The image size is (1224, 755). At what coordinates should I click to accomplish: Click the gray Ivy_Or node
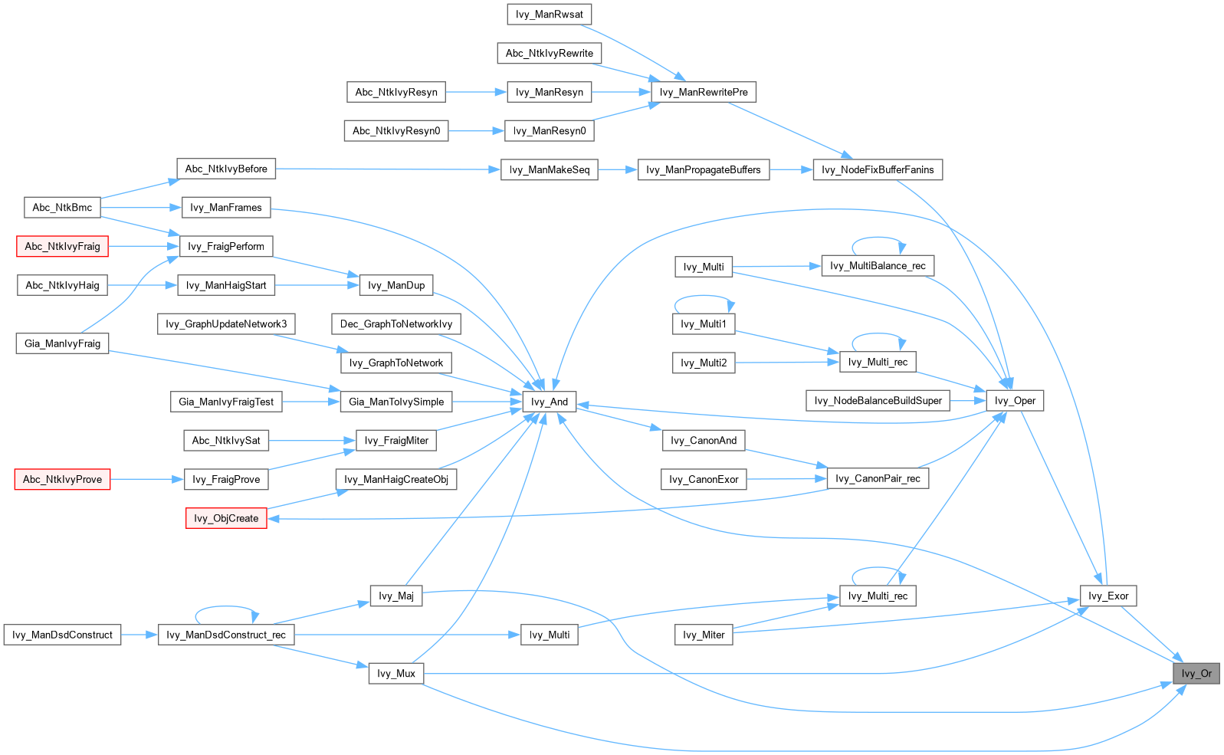1196,674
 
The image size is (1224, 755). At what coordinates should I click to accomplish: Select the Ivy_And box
549,402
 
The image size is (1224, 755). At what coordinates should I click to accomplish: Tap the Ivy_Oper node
1015,401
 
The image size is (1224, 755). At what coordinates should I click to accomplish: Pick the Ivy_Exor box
1108,596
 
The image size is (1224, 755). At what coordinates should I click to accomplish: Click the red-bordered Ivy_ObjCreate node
226,518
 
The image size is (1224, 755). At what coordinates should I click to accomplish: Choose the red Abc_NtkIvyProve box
62,479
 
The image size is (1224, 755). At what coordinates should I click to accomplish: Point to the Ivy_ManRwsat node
549,15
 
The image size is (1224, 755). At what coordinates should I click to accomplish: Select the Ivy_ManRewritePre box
703,92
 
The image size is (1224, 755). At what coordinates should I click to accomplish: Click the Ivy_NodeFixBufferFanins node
878,169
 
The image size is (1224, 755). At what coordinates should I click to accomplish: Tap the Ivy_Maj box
395,596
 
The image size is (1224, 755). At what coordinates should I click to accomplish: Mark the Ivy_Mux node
395,674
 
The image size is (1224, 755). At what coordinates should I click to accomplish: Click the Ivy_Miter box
703,635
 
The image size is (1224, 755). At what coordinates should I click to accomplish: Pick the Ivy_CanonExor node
703,479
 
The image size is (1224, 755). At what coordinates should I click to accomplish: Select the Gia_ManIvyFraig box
62,343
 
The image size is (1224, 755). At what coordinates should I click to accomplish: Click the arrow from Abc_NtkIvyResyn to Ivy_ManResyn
476,92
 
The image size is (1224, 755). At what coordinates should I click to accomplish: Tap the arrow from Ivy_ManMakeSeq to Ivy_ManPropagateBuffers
618,169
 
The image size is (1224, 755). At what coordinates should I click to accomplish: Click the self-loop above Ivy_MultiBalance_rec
878,238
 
